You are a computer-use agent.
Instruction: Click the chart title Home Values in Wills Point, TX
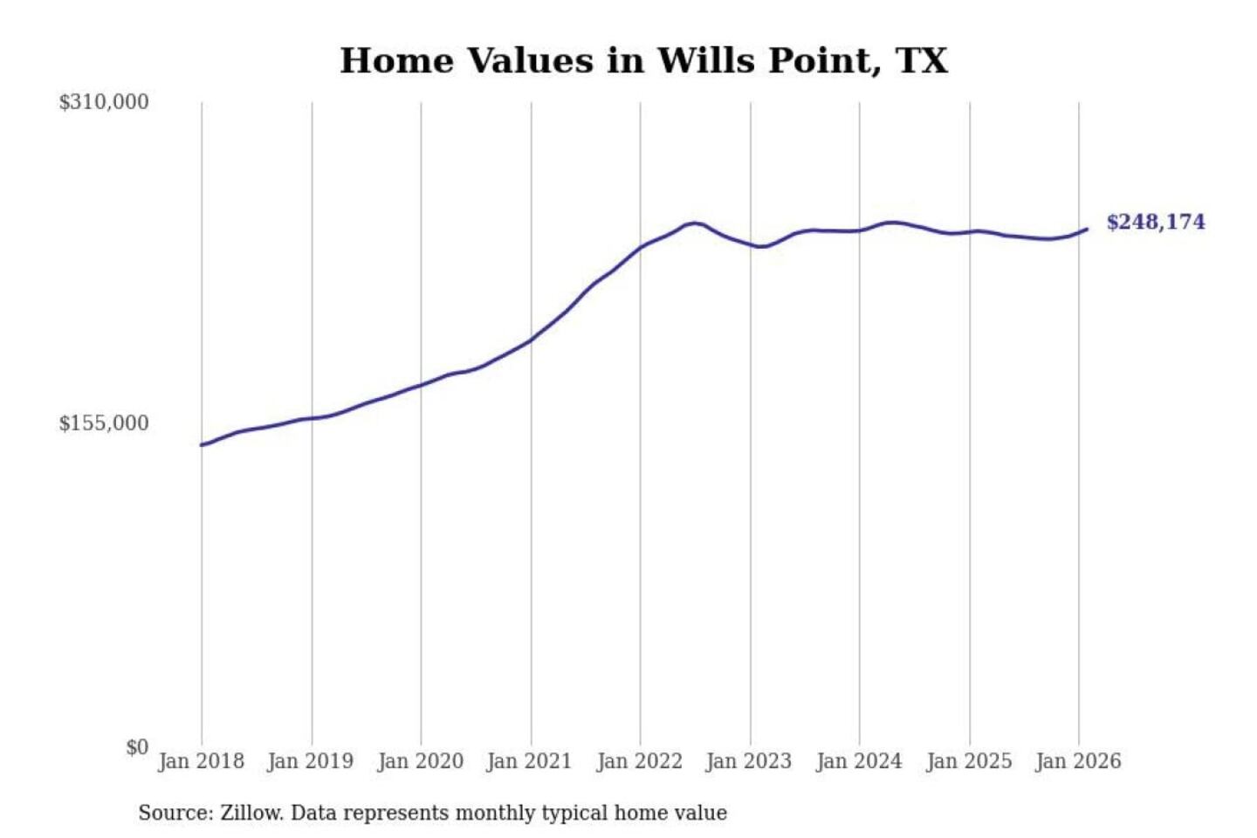(x=643, y=61)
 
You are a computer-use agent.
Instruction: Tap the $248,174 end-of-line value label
(x=1155, y=223)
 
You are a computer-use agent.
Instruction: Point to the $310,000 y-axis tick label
(x=104, y=102)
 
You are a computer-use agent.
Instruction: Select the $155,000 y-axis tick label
(x=104, y=423)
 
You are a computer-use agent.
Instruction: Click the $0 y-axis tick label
(x=137, y=747)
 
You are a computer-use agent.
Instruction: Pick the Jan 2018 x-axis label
(x=201, y=761)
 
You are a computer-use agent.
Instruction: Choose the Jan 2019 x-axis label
(x=310, y=761)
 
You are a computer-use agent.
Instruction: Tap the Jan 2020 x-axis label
(x=420, y=761)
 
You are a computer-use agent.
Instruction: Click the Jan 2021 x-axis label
(x=529, y=761)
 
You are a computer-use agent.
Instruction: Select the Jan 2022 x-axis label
(x=639, y=761)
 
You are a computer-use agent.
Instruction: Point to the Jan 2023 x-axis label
(x=748, y=761)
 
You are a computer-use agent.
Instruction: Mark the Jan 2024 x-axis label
(x=858, y=761)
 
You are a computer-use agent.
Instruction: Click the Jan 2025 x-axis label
(x=968, y=761)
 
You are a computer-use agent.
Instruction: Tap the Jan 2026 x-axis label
(x=1077, y=761)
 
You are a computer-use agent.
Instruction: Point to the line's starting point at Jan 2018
(x=202, y=445)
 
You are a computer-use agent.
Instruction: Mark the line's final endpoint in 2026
(x=1087, y=229)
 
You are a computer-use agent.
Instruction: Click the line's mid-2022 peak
(x=694, y=223)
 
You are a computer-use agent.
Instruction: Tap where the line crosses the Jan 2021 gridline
(x=531, y=340)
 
